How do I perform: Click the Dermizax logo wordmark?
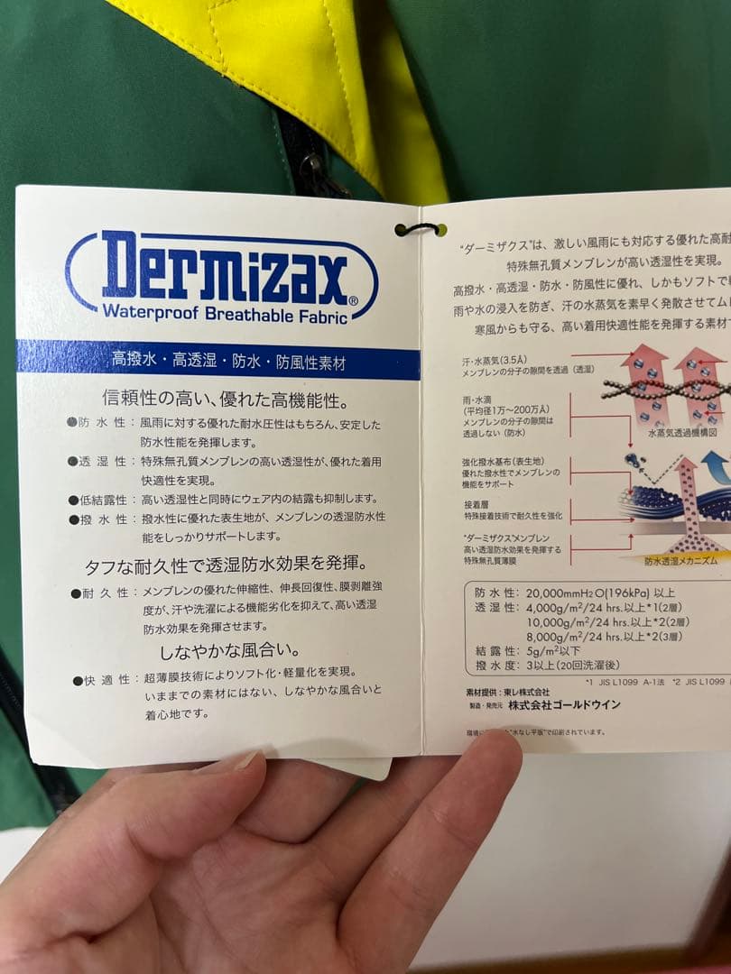tap(221, 268)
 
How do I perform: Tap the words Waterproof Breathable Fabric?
tap(219, 312)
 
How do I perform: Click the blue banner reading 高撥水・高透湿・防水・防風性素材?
tap(217, 362)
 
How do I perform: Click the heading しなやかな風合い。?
tap(230, 649)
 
